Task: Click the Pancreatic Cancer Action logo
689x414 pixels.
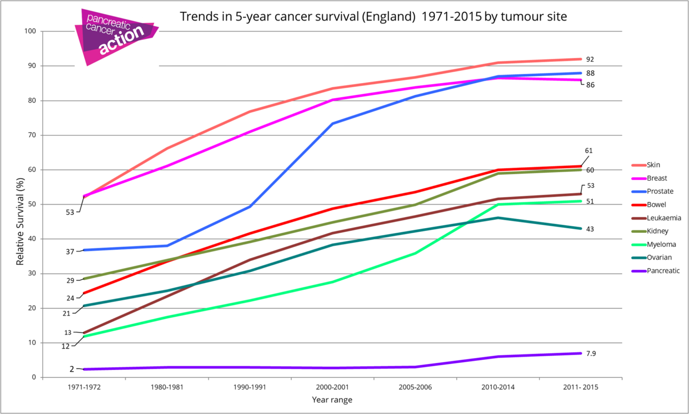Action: [x=116, y=37]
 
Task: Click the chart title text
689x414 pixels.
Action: [x=373, y=17]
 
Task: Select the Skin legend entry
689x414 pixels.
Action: [x=653, y=165]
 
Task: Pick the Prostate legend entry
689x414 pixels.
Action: [x=660, y=192]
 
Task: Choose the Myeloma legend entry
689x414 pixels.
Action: [x=661, y=244]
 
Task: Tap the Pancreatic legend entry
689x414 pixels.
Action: [x=663, y=271]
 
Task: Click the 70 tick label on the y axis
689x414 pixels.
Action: [x=32, y=135]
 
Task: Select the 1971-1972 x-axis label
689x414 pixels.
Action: [x=84, y=387]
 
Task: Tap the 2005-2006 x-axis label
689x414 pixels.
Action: [x=415, y=387]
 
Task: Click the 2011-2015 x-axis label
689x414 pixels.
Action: [x=580, y=387]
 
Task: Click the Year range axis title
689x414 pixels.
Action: [x=332, y=400]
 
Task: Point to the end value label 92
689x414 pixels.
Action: [x=590, y=59]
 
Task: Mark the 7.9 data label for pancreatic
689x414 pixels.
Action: [x=591, y=354]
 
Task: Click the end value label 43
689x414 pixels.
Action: [x=590, y=229]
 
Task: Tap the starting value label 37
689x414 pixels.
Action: [x=70, y=252]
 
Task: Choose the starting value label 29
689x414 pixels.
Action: [x=70, y=280]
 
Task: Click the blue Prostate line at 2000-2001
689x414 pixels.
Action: [x=333, y=123]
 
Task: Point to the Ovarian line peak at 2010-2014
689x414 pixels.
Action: [x=498, y=218]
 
